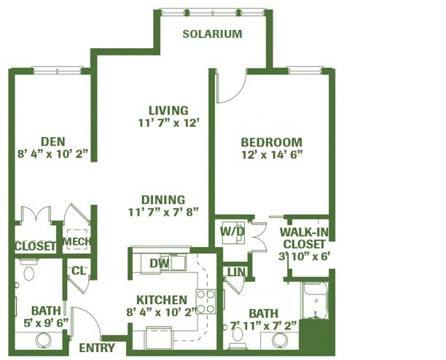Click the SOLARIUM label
[212, 34]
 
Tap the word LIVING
[168, 110]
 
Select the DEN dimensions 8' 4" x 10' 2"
[52, 154]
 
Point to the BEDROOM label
[271, 142]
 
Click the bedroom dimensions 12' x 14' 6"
[271, 154]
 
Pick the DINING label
[163, 200]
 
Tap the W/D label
[232, 232]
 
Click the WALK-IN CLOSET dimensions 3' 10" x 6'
[304, 257]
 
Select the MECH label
[77, 242]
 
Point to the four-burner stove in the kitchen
[206, 301]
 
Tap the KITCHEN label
[162, 300]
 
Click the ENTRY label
[97, 348]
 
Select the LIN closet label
[236, 272]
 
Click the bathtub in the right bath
[316, 300]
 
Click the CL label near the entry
[78, 270]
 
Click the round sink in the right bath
[280, 340]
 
